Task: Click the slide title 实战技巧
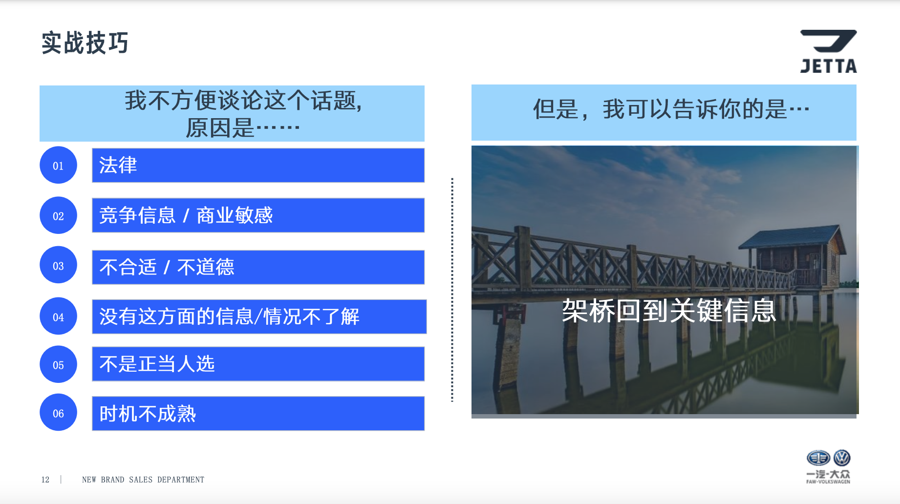tap(85, 43)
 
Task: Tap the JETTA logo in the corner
tap(828, 51)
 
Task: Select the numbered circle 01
tap(58, 165)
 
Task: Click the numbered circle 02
tap(58, 215)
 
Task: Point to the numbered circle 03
tap(58, 265)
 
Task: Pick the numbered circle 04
tap(58, 316)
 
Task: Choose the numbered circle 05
tap(58, 365)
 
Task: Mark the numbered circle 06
tap(58, 413)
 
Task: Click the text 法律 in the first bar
tap(118, 165)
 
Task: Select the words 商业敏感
tap(235, 215)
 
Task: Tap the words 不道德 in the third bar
tap(206, 267)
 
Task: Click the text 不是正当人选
tap(157, 364)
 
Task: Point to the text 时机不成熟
tap(148, 414)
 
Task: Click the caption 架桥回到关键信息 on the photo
tap(669, 310)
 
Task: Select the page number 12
tap(45, 480)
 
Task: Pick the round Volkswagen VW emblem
tap(842, 458)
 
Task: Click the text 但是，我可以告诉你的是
tap(660, 109)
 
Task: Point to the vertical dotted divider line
tap(452, 290)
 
